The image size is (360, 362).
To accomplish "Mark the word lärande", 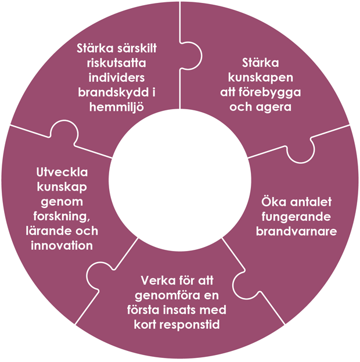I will (41, 231).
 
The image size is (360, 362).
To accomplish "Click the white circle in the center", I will (179, 180).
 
